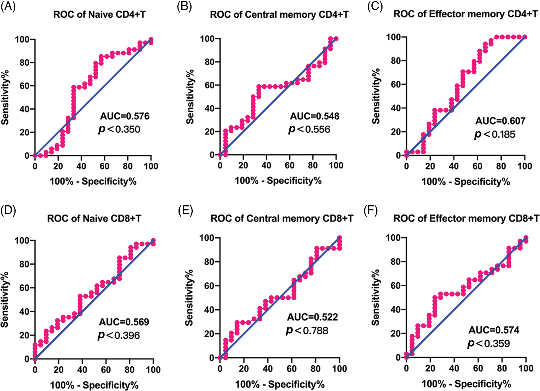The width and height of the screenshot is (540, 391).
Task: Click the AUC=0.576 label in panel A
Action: tap(124, 116)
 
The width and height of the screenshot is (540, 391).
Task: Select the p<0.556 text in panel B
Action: tap(309, 129)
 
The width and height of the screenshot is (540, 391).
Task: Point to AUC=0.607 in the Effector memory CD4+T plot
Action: tap(500, 121)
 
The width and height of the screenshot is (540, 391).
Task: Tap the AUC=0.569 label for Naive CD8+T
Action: tap(124, 322)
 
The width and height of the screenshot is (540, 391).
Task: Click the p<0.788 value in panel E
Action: tap(307, 330)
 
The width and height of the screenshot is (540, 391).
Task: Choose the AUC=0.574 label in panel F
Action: tap(494, 330)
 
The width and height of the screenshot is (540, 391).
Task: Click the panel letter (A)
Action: tap(8, 6)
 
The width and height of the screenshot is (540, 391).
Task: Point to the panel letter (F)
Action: tap(371, 211)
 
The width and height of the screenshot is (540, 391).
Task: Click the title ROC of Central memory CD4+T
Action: tap(279, 15)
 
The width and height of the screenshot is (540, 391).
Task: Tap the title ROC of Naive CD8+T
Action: tap(94, 218)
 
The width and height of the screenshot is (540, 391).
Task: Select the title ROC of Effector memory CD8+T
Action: tap(466, 218)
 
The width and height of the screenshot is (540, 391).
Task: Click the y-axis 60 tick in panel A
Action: tap(25, 86)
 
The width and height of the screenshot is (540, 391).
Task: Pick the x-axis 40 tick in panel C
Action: tap(454, 166)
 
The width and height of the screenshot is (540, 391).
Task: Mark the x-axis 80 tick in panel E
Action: tap(315, 369)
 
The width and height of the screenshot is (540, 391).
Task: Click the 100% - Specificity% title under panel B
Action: tap(278, 181)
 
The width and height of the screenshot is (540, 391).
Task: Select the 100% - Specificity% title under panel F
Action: tap(466, 384)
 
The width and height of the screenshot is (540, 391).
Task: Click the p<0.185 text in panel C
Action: tap(495, 134)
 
